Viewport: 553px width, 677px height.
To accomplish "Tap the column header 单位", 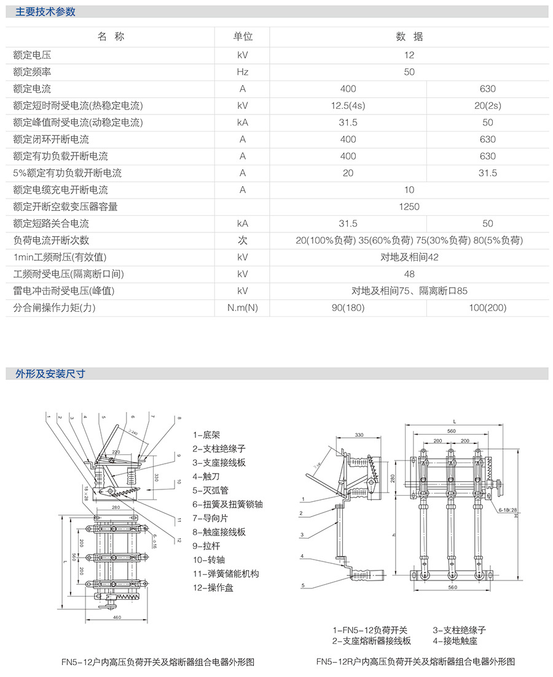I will pyautogui.click(x=243, y=37).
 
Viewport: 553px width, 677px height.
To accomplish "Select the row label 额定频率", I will pyautogui.click(x=34, y=72).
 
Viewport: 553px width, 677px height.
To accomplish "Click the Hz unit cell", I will pyautogui.click(x=243, y=72).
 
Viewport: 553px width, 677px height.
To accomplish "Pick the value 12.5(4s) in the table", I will pyautogui.click(x=348, y=106).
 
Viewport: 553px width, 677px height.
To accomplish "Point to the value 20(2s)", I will pyautogui.click(x=487, y=106).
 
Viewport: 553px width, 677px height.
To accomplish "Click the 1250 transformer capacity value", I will pyautogui.click(x=409, y=207).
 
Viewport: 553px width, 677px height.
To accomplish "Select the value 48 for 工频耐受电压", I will pyautogui.click(x=409, y=274).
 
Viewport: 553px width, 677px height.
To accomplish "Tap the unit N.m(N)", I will pyautogui.click(x=243, y=307).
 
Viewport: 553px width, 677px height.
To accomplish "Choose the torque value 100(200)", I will pyautogui.click(x=487, y=307).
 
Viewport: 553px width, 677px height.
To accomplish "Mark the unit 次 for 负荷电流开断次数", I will pyautogui.click(x=243, y=240).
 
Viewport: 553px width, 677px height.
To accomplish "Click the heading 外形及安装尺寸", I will pyautogui.click(x=45, y=373).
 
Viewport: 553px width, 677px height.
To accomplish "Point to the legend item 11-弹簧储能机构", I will pyautogui.click(x=226, y=574).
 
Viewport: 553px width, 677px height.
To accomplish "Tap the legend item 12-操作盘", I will pyautogui.click(x=213, y=588).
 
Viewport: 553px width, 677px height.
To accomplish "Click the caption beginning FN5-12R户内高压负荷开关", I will pyautogui.click(x=415, y=662).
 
